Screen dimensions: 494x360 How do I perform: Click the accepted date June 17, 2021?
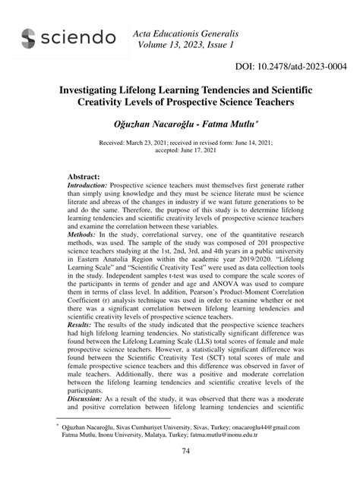point(218,150)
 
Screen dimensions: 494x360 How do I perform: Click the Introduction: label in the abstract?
point(87,185)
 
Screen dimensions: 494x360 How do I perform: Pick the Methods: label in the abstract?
point(83,235)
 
